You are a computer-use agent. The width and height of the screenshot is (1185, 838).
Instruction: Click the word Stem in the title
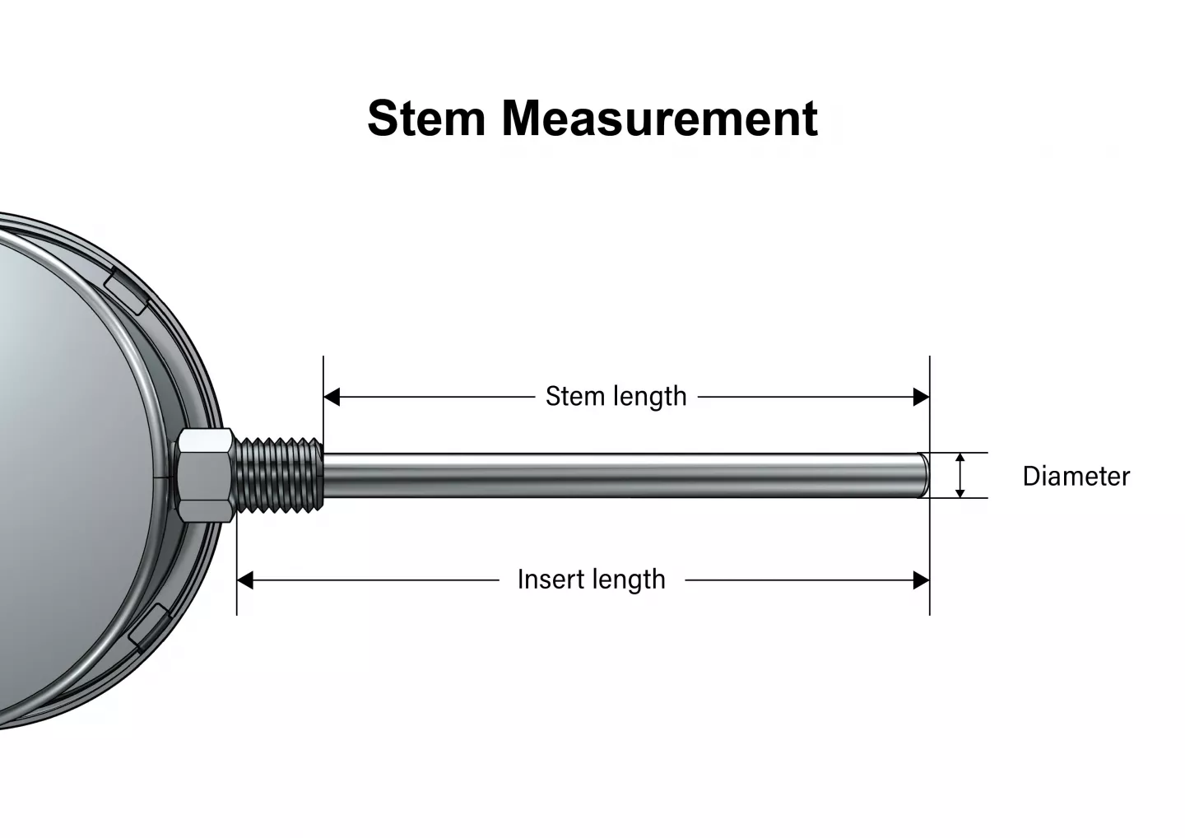(426, 118)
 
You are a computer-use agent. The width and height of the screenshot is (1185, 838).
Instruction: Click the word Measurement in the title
(659, 118)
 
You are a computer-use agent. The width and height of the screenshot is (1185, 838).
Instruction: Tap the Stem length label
(616, 397)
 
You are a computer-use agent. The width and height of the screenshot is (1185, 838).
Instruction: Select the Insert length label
(591, 580)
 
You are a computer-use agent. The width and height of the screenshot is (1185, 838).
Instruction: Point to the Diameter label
(1076, 477)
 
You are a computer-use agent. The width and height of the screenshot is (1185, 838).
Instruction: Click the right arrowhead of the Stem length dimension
(922, 398)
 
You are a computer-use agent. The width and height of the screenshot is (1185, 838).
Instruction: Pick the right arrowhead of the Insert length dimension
(922, 581)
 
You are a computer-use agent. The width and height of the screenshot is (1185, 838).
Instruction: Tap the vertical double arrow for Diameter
(960, 476)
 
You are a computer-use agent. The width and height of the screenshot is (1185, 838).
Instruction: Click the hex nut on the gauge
(204, 476)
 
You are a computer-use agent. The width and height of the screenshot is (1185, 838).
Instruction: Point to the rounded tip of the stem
(923, 475)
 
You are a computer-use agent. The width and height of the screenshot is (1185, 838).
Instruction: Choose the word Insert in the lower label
(549, 580)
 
